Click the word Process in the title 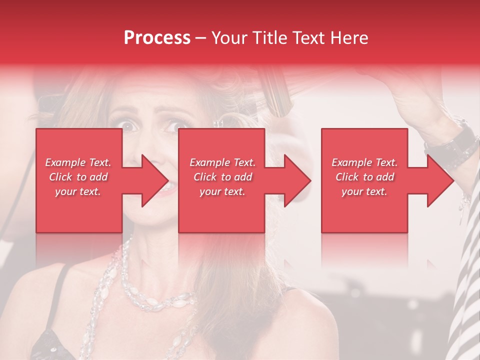point(157,38)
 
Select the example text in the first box point(78,177)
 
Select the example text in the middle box point(222,177)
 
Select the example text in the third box point(364,177)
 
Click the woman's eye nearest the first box point(129,126)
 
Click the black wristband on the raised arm point(452,142)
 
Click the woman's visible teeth point(170,186)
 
